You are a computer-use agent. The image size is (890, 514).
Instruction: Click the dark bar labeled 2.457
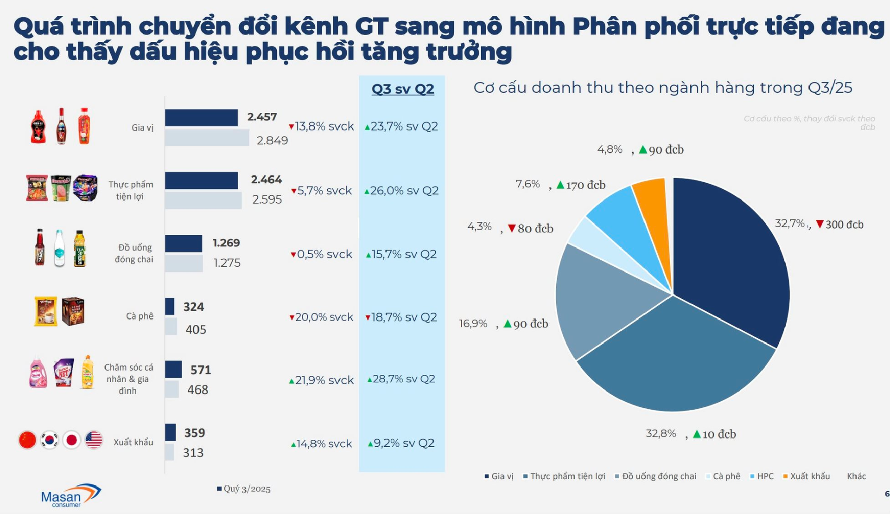[x=201, y=118]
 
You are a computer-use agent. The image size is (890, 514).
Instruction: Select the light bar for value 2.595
[x=203, y=200]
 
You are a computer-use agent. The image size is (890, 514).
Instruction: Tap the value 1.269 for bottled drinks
[x=226, y=243]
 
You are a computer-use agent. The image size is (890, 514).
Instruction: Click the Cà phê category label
[x=140, y=316]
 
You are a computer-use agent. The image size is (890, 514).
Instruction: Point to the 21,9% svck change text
[x=321, y=380]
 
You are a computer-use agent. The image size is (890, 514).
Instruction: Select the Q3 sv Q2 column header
[x=402, y=89]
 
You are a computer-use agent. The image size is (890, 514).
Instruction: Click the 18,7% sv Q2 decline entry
[x=401, y=317]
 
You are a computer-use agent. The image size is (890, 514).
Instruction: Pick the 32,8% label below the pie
[x=661, y=434]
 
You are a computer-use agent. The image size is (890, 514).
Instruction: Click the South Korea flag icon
[x=50, y=440]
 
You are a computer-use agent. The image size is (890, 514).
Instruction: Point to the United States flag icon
[x=94, y=440]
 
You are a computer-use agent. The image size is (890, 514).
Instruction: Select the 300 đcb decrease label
[x=840, y=225]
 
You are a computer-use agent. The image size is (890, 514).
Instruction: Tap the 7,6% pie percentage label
[x=528, y=184]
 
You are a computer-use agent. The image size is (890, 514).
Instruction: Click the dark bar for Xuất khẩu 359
[x=170, y=432]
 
